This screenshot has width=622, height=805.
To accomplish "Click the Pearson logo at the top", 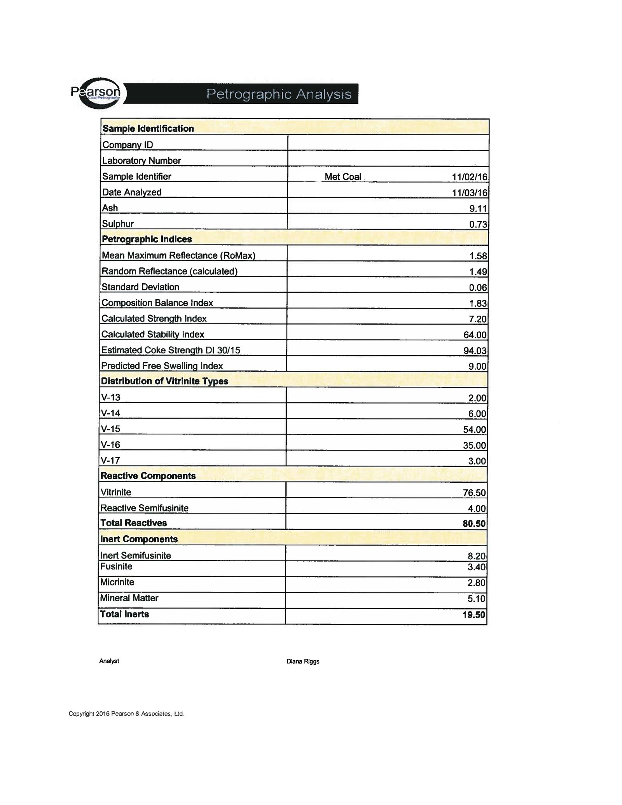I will point(96,93).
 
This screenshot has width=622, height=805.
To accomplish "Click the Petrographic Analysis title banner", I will point(279,94).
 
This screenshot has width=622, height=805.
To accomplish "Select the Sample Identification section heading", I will point(148,129).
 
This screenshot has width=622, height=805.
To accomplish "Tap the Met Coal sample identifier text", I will point(343,177).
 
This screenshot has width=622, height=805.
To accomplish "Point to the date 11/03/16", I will point(469,193).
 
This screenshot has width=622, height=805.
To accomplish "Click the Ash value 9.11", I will point(478,209).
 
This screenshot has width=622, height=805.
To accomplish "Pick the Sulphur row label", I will point(118,224).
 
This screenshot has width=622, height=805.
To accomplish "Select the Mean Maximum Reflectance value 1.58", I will point(478,256).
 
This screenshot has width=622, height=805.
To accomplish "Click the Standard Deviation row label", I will point(140,287).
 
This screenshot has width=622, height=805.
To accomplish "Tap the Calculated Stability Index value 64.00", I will point(475,335).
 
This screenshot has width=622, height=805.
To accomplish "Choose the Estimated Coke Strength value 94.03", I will point(475,351).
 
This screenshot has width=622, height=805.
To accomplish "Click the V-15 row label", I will point(111,429).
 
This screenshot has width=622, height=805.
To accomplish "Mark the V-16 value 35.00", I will point(474,445).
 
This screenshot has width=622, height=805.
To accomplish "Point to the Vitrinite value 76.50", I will point(474,493).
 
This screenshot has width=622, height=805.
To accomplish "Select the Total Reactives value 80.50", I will point(474,524).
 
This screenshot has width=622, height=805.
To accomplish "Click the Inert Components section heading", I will point(139,539).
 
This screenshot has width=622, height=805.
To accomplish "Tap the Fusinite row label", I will point(116,567).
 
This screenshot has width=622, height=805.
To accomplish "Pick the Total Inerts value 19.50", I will point(474,615).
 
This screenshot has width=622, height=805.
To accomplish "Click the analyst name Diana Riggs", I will point(303,662).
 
